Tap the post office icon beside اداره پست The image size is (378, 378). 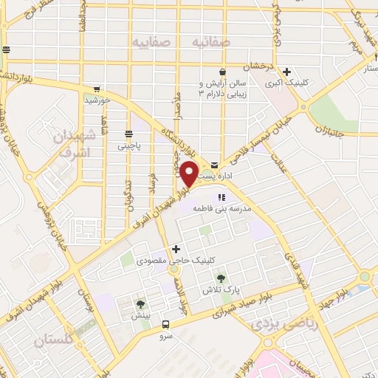pos(214,164)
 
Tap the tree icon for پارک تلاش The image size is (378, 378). pos(221,278)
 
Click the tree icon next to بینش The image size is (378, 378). pos(140,303)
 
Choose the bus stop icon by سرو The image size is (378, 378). pos(165,324)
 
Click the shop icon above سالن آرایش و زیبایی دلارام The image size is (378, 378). pos(222,71)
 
